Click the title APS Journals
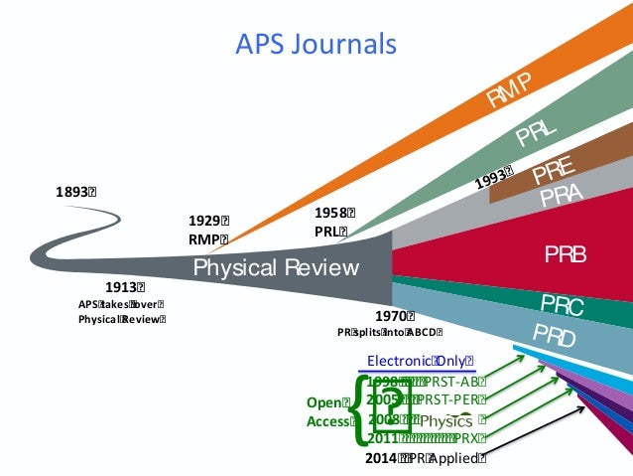(x=316, y=44)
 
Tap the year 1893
(x=75, y=191)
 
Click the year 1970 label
(x=394, y=316)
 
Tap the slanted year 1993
(x=492, y=177)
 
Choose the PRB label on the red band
(x=565, y=255)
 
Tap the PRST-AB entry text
(x=455, y=382)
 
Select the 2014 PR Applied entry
(x=426, y=458)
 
